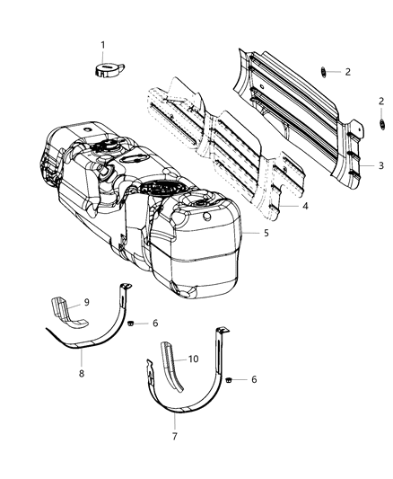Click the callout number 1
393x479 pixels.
click(101, 45)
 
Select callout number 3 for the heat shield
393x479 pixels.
click(380, 166)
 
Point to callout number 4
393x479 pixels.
click(306, 206)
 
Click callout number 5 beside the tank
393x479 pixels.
click(266, 234)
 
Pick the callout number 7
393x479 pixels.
click(175, 437)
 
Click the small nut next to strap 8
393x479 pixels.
click(131, 323)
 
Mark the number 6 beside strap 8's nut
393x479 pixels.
click(155, 323)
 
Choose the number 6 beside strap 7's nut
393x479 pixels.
click(255, 380)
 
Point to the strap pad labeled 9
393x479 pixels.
click(69, 311)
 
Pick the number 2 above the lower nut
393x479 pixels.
click(380, 102)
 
